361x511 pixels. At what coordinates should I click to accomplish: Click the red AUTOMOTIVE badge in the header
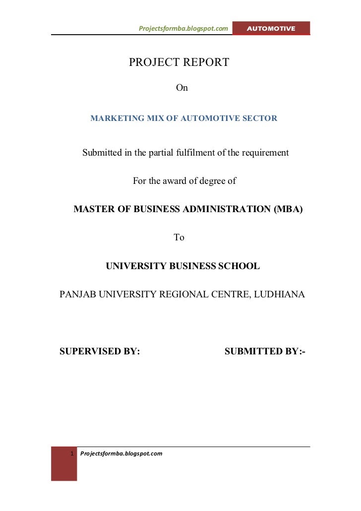click(271, 29)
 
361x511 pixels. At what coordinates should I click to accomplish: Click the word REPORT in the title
click(205, 62)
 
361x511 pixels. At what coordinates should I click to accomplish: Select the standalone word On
click(182, 88)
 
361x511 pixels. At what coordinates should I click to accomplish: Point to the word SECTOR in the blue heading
click(260, 118)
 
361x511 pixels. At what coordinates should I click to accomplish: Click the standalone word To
click(179, 238)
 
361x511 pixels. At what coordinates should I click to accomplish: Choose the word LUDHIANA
click(281, 294)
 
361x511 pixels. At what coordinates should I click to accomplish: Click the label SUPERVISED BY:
click(100, 352)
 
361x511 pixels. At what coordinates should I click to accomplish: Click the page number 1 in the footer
click(72, 454)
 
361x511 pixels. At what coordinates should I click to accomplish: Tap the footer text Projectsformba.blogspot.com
click(121, 454)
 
